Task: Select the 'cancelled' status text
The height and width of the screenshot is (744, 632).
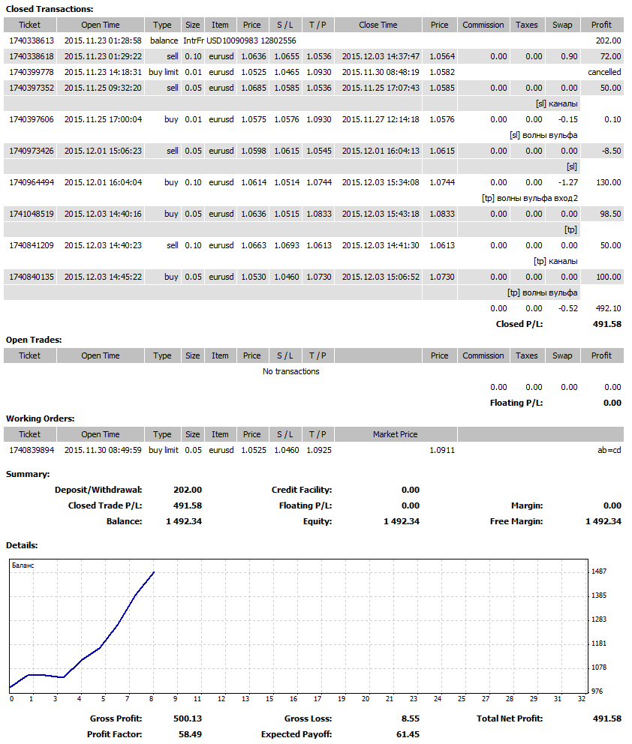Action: (604, 72)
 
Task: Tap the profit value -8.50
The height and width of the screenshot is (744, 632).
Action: (611, 151)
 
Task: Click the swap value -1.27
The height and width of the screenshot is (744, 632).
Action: (567, 182)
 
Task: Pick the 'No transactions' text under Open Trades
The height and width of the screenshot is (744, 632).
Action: (291, 371)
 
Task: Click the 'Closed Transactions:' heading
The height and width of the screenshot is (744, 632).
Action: (50, 9)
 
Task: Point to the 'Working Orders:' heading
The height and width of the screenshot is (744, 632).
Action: (40, 418)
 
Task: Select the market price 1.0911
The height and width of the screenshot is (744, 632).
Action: (442, 450)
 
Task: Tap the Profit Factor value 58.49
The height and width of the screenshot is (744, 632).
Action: (188, 734)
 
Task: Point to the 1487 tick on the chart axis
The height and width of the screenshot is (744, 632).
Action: (599, 571)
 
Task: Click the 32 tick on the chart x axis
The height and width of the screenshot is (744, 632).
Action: (581, 699)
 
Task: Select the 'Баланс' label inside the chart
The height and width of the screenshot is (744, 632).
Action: (23, 565)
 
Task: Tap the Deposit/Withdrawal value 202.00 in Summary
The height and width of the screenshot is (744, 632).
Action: (188, 490)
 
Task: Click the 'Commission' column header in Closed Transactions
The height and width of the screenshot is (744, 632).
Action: (483, 25)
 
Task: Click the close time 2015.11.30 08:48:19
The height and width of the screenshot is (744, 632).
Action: (378, 72)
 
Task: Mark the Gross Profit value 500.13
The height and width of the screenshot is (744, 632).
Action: (188, 718)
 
